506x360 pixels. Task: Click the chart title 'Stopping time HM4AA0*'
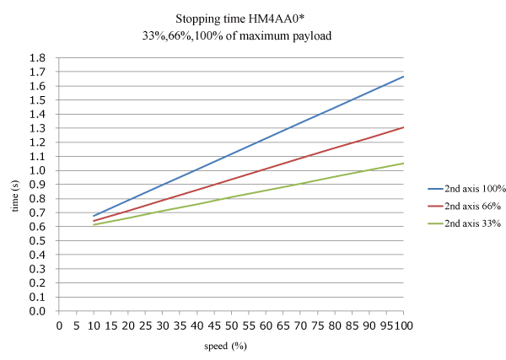tap(253, 18)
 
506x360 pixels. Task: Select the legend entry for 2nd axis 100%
tap(466, 190)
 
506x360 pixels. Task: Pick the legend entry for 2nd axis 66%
tap(466, 207)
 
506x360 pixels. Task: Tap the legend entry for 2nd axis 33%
tap(466, 223)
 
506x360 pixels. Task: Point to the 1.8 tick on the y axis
tap(38, 58)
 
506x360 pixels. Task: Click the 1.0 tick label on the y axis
tap(38, 170)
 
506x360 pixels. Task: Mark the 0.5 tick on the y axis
tap(38, 241)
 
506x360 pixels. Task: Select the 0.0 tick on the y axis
tap(38, 311)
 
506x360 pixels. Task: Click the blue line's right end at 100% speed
tap(404, 77)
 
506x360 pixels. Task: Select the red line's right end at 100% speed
tap(404, 127)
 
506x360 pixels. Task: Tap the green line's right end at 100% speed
tap(404, 163)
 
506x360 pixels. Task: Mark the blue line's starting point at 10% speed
tap(94, 216)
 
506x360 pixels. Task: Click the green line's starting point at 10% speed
tap(94, 225)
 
